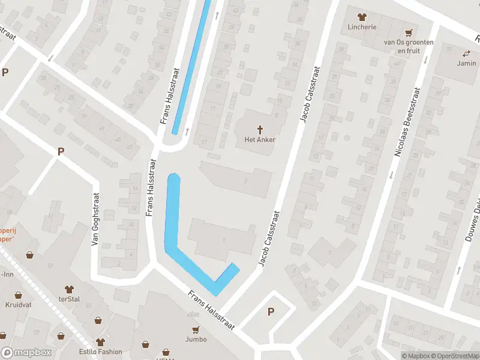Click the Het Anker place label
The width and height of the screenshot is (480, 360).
tap(260, 140)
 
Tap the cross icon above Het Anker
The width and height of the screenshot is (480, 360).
tap(260, 129)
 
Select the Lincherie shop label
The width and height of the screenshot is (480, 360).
tap(362, 27)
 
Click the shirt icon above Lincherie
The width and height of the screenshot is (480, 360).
tap(361, 17)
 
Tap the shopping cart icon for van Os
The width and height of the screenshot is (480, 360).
tap(409, 32)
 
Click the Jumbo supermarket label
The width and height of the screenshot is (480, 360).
tap(196, 339)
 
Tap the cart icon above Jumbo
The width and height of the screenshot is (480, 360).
tap(196, 329)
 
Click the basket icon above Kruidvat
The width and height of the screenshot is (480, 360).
tap(17, 295)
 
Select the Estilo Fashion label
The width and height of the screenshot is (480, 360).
tap(101, 352)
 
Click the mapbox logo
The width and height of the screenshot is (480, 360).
tap(26, 353)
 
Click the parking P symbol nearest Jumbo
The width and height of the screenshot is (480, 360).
tap(271, 311)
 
